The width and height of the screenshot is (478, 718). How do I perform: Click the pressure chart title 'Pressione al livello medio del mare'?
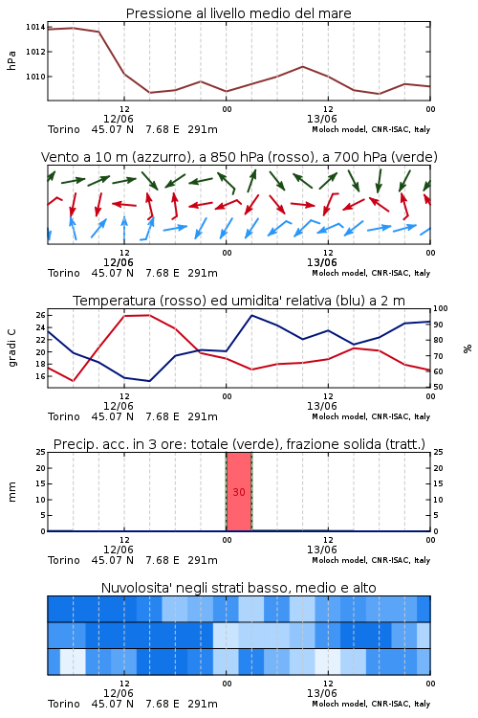[x=238, y=13]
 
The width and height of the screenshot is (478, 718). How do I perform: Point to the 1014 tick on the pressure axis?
[x=35, y=27]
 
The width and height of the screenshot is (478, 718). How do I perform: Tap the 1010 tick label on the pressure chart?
[x=35, y=77]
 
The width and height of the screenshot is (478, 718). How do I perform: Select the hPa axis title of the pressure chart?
[x=11, y=60]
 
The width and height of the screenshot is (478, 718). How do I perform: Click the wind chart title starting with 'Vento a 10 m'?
[x=239, y=157]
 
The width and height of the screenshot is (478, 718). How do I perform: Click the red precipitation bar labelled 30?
[x=239, y=492]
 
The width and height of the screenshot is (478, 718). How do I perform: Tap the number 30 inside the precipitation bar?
[x=239, y=492]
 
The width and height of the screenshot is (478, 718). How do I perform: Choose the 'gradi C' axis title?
[x=11, y=348]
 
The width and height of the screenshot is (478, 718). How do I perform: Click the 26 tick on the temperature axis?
[x=40, y=315]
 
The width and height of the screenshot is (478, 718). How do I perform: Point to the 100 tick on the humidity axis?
[x=440, y=308]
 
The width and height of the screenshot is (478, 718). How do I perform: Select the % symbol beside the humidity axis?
[x=467, y=348]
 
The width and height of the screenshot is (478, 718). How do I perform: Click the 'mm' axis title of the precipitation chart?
[x=11, y=492]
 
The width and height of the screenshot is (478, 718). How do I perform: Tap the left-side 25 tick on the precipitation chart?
[x=40, y=452]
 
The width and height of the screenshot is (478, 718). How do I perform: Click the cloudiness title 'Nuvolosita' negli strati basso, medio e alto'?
[x=238, y=588]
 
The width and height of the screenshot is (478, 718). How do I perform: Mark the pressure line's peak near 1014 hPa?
[x=74, y=28]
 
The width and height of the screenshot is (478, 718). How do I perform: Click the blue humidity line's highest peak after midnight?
[x=251, y=315]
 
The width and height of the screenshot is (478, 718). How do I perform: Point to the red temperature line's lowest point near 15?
[x=74, y=381]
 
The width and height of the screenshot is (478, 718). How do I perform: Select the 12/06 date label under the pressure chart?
[x=118, y=119]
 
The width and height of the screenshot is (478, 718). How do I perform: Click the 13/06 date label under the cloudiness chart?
[x=321, y=693]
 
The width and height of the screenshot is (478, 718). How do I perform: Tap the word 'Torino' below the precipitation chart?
[x=64, y=560]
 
